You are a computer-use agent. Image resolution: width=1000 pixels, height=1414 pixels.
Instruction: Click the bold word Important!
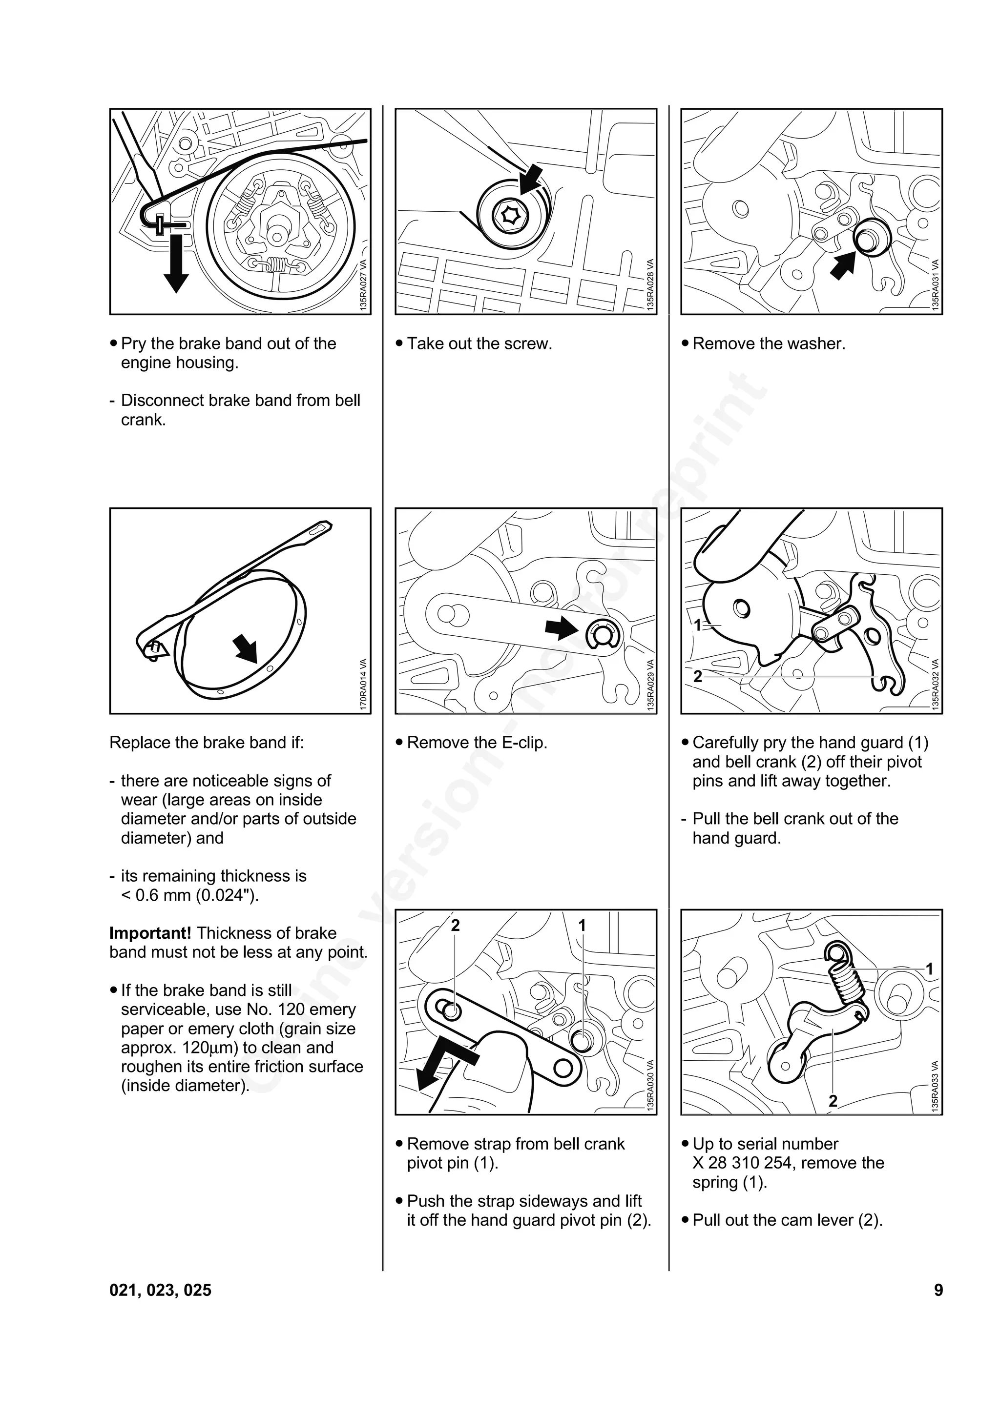point(150,933)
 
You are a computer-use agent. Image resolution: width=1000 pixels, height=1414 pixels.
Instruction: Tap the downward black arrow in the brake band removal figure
point(176,265)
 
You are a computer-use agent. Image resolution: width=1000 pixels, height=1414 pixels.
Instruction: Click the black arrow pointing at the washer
point(843,265)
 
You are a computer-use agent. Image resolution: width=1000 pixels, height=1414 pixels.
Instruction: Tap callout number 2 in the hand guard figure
point(697,676)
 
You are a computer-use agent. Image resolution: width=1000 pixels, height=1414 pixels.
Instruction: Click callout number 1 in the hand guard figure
point(697,625)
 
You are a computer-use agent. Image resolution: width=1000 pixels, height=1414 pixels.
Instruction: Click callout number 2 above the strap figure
point(456,925)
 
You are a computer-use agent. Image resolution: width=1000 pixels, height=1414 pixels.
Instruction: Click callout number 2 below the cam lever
point(833,1101)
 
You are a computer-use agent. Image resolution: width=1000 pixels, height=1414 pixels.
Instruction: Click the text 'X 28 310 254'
point(745,1163)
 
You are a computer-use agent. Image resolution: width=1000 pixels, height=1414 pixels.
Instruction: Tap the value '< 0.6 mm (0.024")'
point(190,895)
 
